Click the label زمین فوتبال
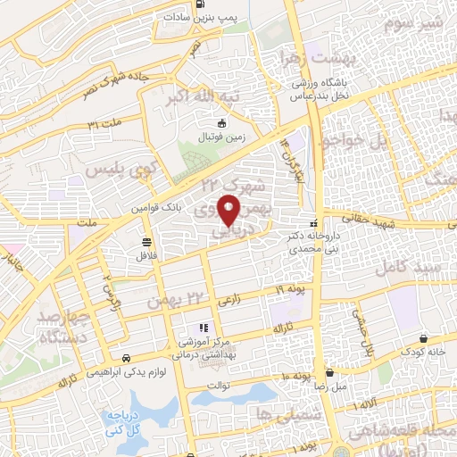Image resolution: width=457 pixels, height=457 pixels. click(221, 140)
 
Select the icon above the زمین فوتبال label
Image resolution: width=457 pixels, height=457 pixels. click(222, 124)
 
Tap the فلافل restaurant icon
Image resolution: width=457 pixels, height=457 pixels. click(146, 240)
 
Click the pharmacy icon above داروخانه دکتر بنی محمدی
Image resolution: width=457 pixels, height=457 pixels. click(312, 223)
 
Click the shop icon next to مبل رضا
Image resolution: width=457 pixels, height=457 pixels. click(329, 372)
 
